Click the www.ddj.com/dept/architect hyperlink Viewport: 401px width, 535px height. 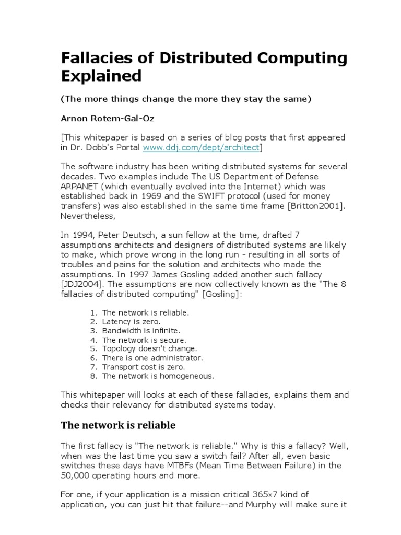point(200,148)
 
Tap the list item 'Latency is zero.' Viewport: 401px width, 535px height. point(132,322)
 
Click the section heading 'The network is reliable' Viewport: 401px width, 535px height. point(118,425)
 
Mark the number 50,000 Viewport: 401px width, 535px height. point(76,475)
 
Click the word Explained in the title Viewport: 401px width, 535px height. point(101,76)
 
